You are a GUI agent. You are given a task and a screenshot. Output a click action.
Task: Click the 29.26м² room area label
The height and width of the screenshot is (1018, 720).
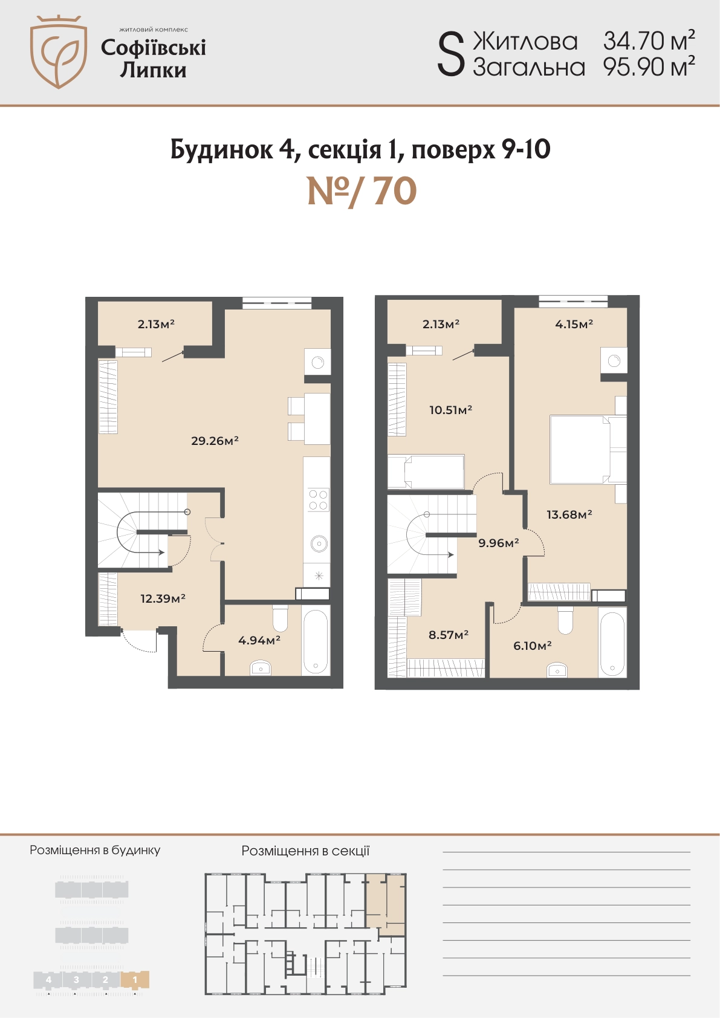click(215, 440)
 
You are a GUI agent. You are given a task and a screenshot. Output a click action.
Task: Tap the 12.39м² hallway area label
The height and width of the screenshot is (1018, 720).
click(163, 598)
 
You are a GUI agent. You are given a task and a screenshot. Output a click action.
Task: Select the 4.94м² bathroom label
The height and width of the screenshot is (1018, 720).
click(259, 640)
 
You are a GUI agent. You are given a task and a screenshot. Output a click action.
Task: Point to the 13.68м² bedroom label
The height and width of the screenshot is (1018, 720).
click(569, 514)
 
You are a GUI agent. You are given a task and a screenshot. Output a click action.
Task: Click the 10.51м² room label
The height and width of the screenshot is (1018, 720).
click(450, 410)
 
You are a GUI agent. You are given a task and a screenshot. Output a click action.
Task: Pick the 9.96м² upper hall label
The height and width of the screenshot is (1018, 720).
click(499, 543)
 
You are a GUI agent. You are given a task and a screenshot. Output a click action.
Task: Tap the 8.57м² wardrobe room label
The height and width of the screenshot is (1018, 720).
click(449, 634)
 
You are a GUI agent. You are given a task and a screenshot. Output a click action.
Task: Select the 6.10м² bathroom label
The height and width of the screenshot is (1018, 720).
click(532, 646)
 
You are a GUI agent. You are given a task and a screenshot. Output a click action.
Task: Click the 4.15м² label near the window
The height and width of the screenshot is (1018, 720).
click(574, 324)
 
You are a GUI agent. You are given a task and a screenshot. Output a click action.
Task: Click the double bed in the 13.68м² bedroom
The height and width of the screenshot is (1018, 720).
click(588, 449)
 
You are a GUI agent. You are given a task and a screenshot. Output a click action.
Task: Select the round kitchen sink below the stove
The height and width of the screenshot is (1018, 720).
click(319, 543)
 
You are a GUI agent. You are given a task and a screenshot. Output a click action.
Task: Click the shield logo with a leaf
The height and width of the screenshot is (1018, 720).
click(59, 51)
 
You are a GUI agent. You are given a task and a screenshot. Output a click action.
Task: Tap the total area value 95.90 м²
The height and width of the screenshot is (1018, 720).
click(649, 66)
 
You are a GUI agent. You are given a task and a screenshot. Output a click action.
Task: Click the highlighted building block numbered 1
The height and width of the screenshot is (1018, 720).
click(135, 979)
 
